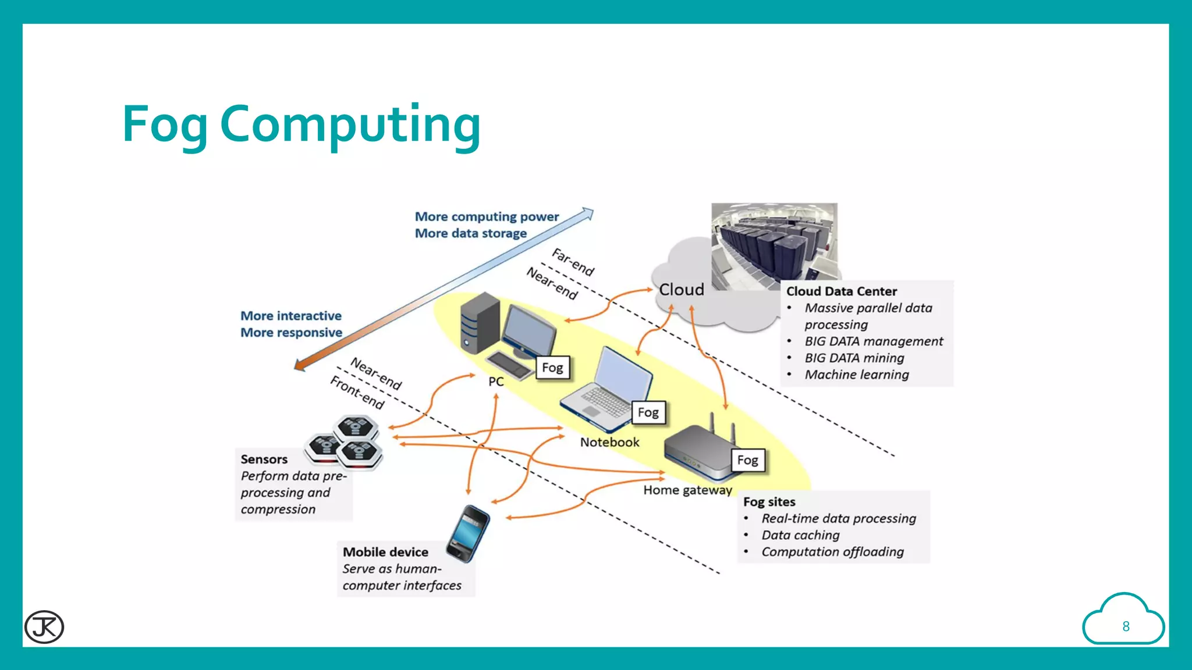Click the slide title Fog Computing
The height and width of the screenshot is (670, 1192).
301,124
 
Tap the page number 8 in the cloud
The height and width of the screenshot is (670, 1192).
1126,626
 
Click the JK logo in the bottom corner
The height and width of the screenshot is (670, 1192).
44,626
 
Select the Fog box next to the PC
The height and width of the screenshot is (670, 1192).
552,368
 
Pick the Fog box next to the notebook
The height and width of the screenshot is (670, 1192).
648,412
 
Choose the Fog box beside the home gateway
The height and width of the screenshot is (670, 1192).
747,460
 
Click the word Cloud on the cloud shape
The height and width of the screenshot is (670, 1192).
681,290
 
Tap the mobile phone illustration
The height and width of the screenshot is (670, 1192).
469,533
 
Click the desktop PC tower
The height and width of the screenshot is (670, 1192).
480,323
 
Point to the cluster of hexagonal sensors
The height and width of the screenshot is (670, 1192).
345,442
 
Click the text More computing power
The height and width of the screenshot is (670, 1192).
487,217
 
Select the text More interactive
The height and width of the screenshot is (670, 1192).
291,316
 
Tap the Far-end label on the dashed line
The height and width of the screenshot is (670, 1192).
573,262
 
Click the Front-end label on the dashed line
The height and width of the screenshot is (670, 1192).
357,393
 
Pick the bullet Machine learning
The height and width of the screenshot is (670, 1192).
856,375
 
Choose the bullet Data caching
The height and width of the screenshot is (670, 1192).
800,535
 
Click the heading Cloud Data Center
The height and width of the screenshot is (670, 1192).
841,291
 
